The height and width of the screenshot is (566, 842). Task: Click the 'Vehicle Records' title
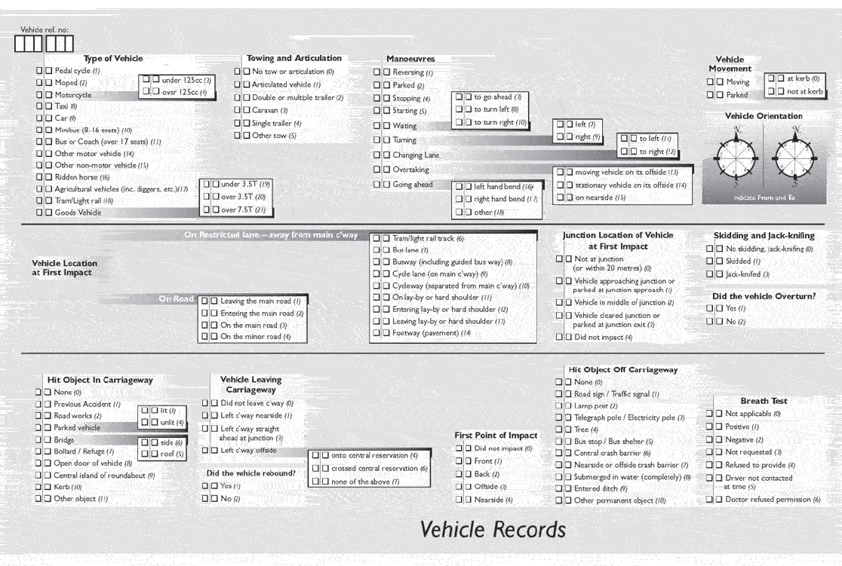(492, 529)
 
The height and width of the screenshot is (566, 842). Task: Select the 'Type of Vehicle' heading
(113, 59)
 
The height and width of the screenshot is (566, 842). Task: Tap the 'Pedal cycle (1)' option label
(77, 71)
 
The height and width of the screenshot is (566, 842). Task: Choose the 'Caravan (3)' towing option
(270, 110)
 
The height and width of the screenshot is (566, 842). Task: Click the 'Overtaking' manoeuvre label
(410, 170)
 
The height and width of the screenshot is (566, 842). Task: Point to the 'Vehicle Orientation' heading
(764, 116)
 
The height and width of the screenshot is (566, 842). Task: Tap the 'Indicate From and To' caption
(764, 197)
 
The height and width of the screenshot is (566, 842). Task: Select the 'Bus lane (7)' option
(410, 249)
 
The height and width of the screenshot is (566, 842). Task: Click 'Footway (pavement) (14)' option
(432, 333)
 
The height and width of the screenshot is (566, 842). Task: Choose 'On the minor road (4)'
(255, 337)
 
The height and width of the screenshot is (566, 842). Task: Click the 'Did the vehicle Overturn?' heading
(764, 296)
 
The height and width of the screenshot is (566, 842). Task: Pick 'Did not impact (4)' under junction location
(603, 337)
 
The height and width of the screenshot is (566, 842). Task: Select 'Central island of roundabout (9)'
(104, 476)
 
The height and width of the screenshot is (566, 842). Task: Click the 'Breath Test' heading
(764, 401)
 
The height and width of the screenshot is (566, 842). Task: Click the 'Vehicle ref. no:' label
(45, 30)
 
